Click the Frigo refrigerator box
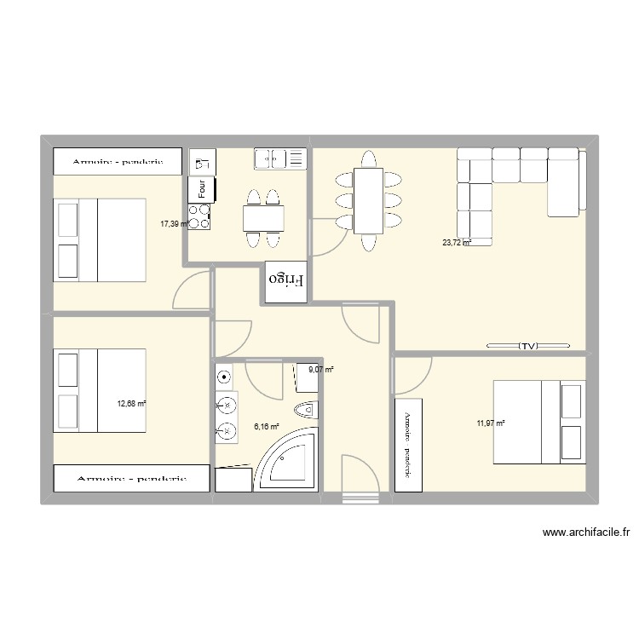285,281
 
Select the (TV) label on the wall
529,346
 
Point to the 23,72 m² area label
457,242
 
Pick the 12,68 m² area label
131,404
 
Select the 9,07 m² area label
320,370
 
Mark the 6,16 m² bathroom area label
267,427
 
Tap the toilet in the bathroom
305,412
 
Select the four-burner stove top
200,217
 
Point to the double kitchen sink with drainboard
279,158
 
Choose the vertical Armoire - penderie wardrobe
407,444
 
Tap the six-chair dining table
368,201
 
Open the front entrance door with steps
359,481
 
